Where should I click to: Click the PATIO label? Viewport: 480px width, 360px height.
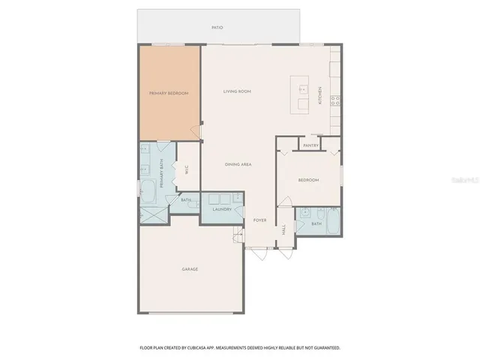click(217, 28)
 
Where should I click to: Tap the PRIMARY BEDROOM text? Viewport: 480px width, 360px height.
click(168, 93)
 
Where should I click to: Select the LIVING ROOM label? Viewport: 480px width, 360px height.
click(236, 91)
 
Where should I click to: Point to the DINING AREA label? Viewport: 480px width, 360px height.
click(238, 163)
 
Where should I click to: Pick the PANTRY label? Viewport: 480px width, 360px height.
click(310, 145)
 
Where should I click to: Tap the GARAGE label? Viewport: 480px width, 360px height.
click(189, 268)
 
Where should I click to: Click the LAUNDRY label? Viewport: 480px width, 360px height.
click(221, 209)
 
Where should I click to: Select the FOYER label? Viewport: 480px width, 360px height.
click(259, 220)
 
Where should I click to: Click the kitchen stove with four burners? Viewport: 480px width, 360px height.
click(335, 98)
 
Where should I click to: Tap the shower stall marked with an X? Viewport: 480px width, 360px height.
click(153, 213)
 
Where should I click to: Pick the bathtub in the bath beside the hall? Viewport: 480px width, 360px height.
click(333, 222)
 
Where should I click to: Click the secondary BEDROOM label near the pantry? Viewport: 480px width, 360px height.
click(308, 180)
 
